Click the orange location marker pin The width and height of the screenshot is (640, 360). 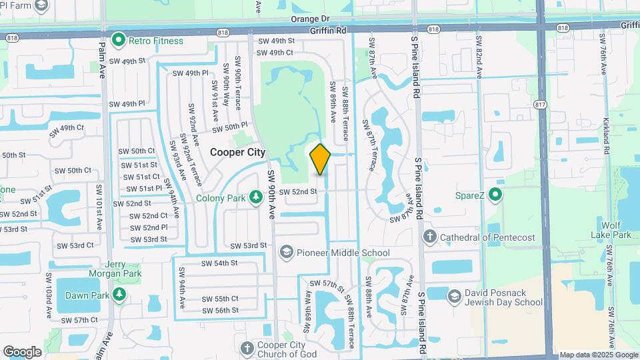click(x=320, y=159)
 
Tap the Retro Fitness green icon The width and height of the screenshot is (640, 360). click(x=119, y=41)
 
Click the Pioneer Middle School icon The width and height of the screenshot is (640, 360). click(x=287, y=253)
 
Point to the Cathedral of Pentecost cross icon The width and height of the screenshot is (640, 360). click(x=430, y=237)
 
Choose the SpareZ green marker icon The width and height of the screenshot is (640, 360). click(x=495, y=196)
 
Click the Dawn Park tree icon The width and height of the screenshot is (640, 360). click(x=119, y=294)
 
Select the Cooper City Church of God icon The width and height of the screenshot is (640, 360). click(x=247, y=349)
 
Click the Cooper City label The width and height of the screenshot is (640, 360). click(x=238, y=152)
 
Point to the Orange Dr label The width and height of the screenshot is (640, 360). click(x=310, y=19)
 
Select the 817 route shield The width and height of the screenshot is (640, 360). click(x=540, y=103)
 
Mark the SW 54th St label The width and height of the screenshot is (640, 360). click(x=220, y=263)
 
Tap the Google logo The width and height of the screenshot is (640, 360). click(x=22, y=351)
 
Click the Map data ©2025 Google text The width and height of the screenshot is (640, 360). click(x=599, y=355)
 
